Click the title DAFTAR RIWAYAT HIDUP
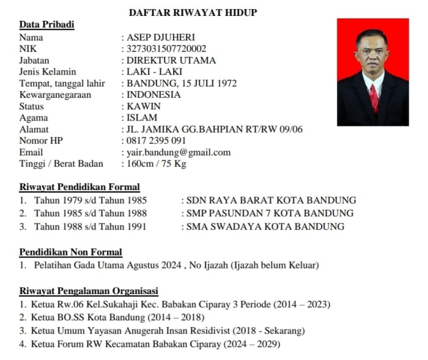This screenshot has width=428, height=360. click(193, 12)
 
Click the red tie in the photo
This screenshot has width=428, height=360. click(374, 97)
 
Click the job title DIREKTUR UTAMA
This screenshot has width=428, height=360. click(171, 61)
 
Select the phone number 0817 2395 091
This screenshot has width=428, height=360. click(156, 141)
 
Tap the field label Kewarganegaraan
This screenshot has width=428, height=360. click(55, 95)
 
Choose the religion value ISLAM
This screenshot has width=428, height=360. click(142, 117)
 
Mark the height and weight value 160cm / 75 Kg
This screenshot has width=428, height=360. click(156, 164)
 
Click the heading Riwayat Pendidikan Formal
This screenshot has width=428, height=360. click(79, 187)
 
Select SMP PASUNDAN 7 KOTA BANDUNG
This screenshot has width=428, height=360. click(270, 213)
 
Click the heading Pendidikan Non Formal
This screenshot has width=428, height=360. click(71, 252)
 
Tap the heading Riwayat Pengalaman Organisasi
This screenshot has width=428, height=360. click(89, 291)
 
